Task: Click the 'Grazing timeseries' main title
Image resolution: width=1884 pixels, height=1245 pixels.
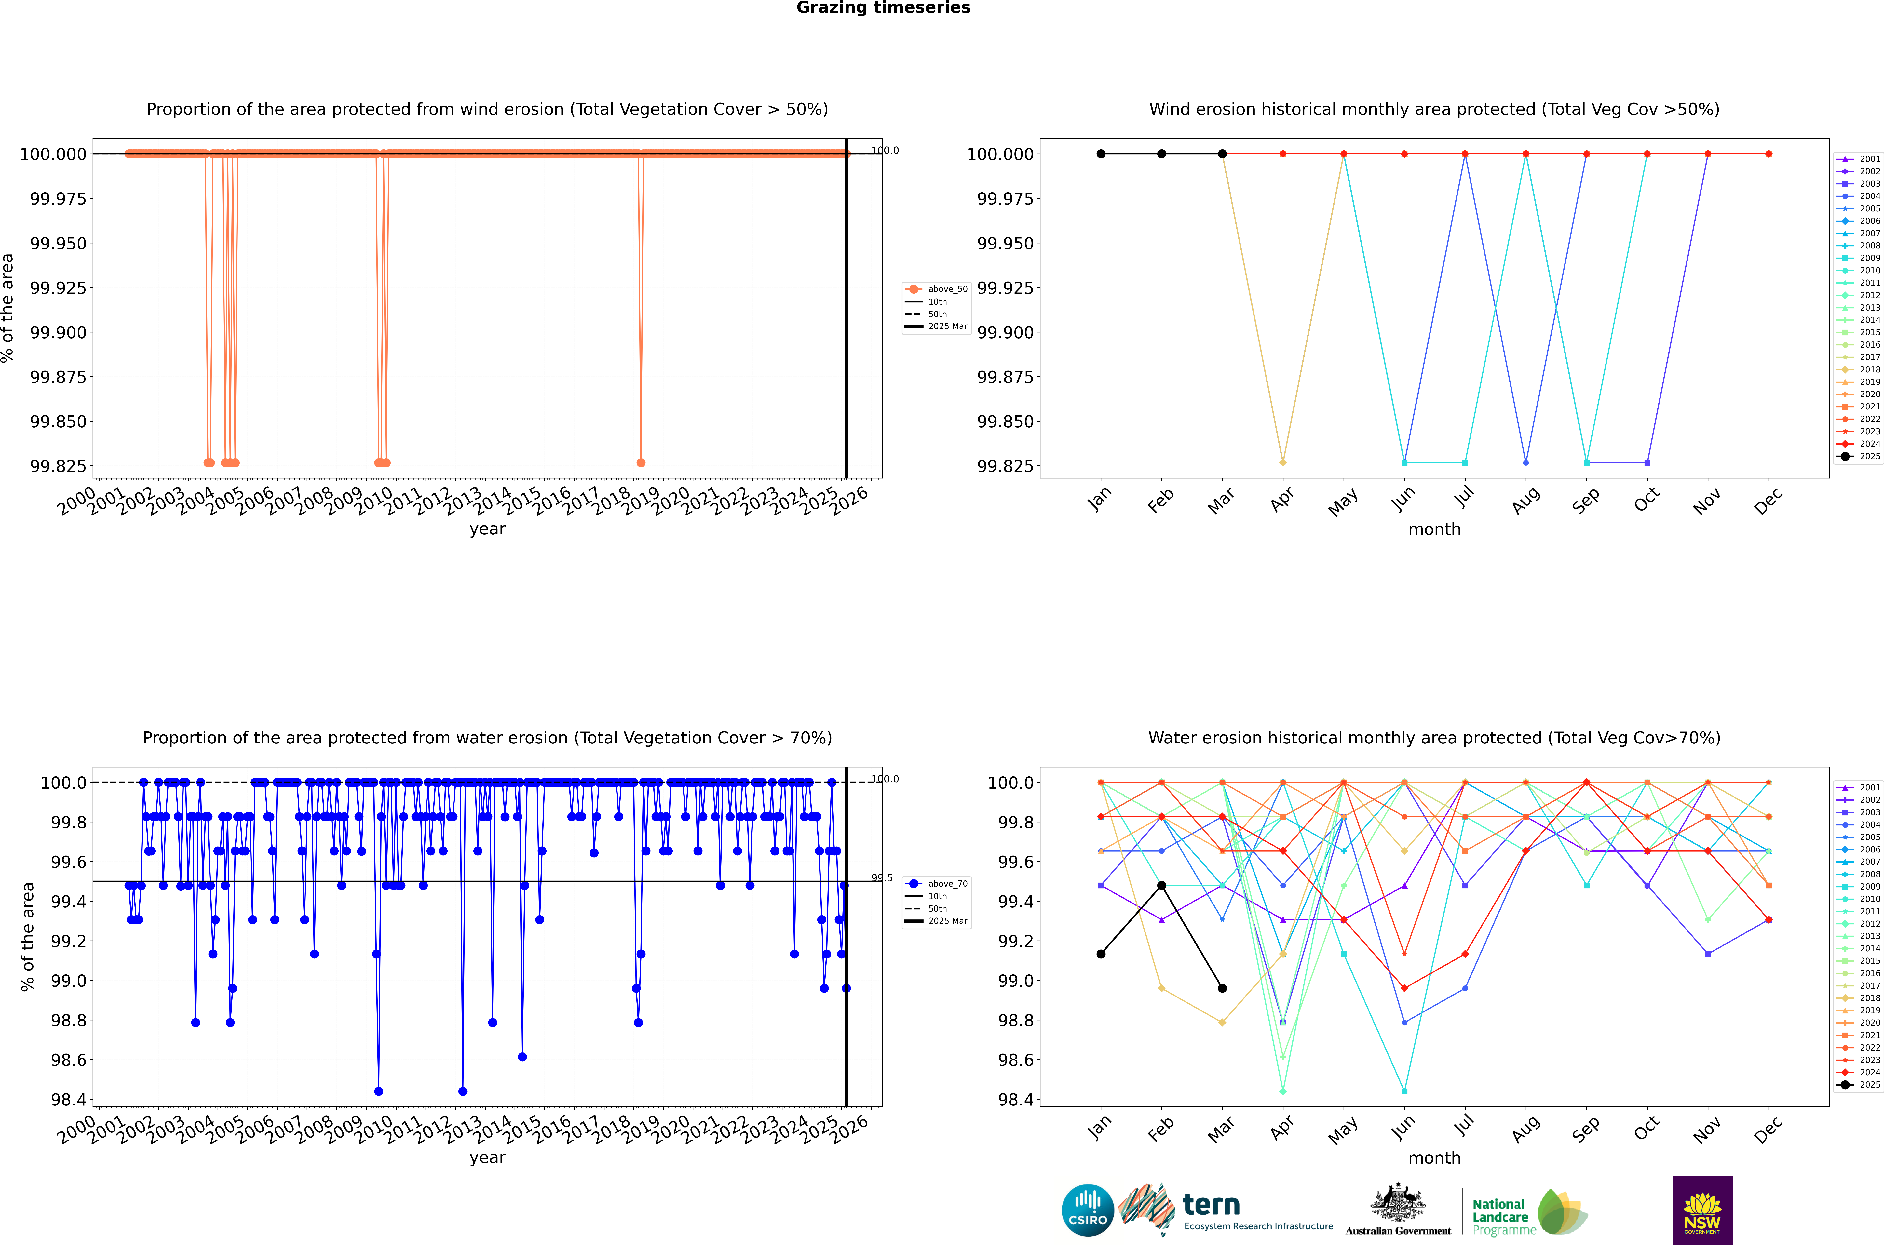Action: pyautogui.click(x=883, y=8)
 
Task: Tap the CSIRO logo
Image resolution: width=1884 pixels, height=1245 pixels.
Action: pyautogui.click(x=1088, y=1210)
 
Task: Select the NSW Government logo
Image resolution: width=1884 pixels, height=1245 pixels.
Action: pyautogui.click(x=1702, y=1210)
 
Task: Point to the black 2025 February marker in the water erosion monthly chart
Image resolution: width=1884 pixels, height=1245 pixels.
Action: pyautogui.click(x=1161, y=885)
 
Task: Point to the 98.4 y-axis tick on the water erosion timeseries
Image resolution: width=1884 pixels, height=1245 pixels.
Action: pyautogui.click(x=68, y=1100)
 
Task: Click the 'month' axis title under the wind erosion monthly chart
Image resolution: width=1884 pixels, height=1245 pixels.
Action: pyautogui.click(x=1434, y=530)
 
